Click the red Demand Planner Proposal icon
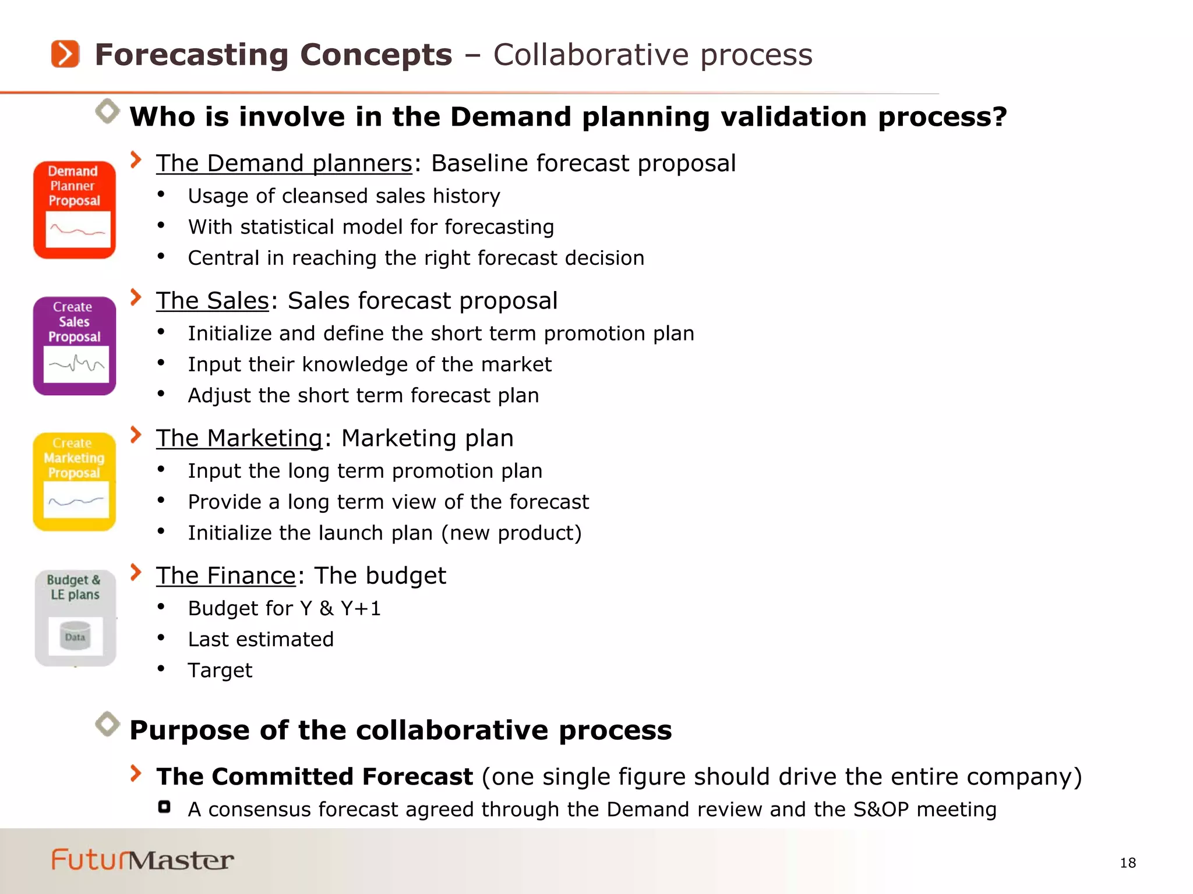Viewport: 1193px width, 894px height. click(75, 210)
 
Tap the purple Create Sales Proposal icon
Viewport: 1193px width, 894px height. click(75, 346)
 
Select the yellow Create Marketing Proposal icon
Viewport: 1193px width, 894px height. click(75, 481)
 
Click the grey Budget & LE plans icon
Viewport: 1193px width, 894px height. click(75, 618)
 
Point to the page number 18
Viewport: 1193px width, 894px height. click(1128, 863)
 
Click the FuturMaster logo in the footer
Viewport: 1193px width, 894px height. click(143, 860)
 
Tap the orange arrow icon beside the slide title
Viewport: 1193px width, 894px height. click(65, 54)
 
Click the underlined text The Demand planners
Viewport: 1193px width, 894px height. click(284, 164)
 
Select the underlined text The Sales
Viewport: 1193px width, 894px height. click(213, 301)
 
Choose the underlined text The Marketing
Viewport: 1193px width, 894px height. click(239, 438)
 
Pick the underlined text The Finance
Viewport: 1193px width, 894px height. click(226, 576)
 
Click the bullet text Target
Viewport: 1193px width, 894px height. click(220, 670)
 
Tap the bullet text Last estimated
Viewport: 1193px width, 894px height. click(260, 640)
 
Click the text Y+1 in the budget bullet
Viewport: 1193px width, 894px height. click(361, 609)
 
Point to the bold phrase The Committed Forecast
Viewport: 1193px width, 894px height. click(315, 777)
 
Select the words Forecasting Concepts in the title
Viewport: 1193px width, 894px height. click(273, 55)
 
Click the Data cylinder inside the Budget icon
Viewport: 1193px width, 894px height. click(75, 636)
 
